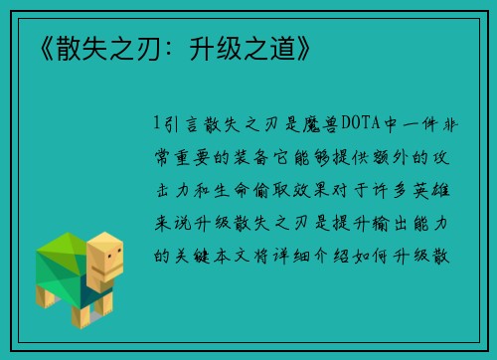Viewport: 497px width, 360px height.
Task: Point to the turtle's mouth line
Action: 111,270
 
